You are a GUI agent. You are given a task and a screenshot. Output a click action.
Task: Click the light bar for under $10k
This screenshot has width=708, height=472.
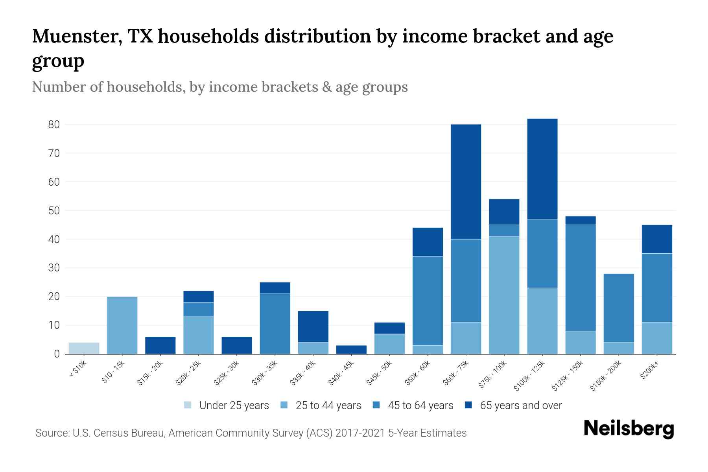pyautogui.click(x=84, y=348)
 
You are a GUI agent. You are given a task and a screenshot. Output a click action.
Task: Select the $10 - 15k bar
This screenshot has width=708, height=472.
pyautogui.click(x=122, y=325)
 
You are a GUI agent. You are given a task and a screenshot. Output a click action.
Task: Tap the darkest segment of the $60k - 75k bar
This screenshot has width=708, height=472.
pyautogui.click(x=466, y=182)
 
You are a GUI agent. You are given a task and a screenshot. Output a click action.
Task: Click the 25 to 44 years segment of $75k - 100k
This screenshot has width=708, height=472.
pyautogui.click(x=504, y=295)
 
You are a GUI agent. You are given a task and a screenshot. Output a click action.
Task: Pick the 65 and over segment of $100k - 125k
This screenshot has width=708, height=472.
pyautogui.click(x=542, y=169)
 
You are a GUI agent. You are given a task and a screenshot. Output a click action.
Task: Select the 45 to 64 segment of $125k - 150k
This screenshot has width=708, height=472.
pyautogui.click(x=580, y=278)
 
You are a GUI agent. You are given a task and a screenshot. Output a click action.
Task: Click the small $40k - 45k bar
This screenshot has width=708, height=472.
pyautogui.click(x=351, y=350)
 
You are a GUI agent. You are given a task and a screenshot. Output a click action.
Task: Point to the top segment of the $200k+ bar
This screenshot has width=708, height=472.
pyautogui.click(x=656, y=239)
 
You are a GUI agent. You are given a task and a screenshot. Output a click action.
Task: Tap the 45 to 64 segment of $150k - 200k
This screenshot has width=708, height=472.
pyautogui.click(x=618, y=308)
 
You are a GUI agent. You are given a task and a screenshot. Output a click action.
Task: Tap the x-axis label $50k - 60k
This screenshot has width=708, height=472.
pyautogui.click(x=418, y=373)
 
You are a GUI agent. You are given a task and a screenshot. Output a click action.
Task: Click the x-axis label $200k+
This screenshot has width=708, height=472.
pyautogui.click(x=649, y=371)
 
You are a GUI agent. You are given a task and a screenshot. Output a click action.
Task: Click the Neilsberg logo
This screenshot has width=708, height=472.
pyautogui.click(x=629, y=429)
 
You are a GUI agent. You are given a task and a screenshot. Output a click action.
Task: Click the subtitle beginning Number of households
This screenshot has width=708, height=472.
pyautogui.click(x=219, y=87)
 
